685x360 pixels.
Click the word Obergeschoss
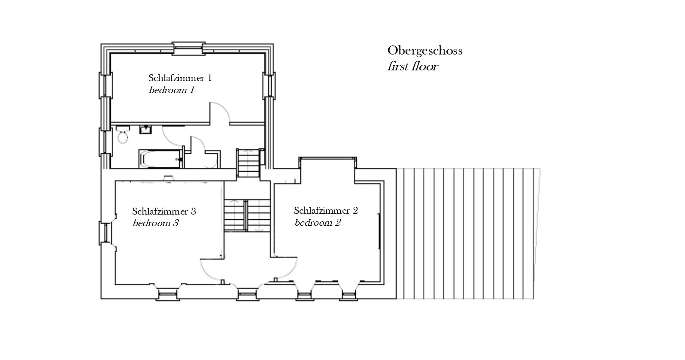pos(425,51)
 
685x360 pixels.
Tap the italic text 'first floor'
pos(413,67)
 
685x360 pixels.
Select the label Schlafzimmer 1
pos(180,78)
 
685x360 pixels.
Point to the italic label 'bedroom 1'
pos(172,90)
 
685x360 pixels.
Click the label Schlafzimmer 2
pos(326,211)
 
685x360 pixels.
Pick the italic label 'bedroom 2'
pos(318,222)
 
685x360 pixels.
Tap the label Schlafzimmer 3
pos(164,211)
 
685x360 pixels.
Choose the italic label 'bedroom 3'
pos(156,223)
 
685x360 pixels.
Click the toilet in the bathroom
pos(123,134)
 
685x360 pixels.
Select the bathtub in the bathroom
pos(160,159)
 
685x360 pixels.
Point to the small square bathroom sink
pos(145,130)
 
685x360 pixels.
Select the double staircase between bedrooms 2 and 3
pos(247,215)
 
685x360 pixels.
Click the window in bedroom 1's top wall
pos(188,48)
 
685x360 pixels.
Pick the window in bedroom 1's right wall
pos(269,86)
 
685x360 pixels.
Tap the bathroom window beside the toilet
pos(105,142)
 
